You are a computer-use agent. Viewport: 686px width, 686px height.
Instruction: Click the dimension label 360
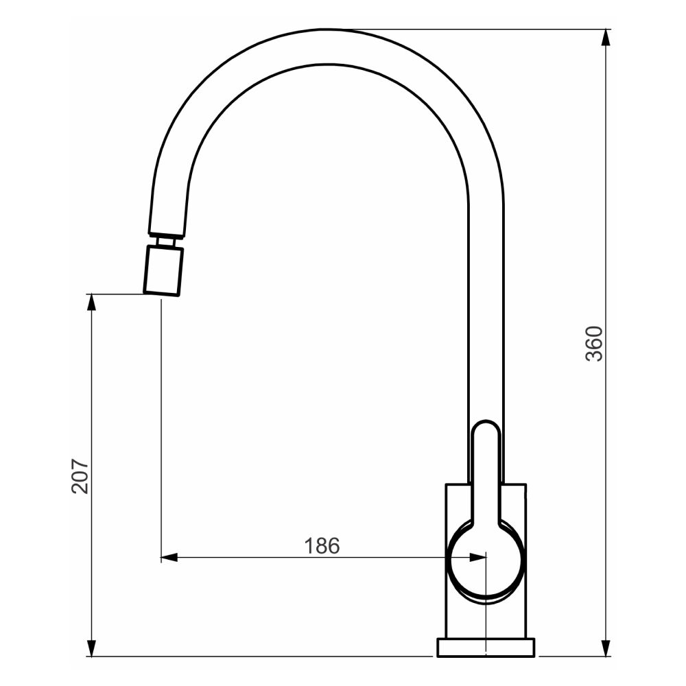pos(594,343)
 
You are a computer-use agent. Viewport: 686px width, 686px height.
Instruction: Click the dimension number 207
pos(80,475)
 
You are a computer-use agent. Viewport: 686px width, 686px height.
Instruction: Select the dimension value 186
pos(322,546)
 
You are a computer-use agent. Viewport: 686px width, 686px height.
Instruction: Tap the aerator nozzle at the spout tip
pos(163,271)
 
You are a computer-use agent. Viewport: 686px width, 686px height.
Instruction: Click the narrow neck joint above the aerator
pos(165,241)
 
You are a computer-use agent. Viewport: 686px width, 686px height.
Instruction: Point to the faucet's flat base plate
pos(486,647)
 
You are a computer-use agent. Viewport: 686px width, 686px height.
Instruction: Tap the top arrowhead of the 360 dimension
pos(606,38)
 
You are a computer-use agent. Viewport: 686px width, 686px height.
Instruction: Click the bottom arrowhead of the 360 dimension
pos(606,648)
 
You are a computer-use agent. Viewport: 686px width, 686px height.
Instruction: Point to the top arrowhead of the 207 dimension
pos(91,303)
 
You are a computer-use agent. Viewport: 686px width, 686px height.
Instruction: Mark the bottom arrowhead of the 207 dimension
pos(91,648)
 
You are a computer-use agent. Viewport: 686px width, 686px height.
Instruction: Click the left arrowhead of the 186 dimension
pos(169,557)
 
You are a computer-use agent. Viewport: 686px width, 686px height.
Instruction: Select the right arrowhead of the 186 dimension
pos(477,557)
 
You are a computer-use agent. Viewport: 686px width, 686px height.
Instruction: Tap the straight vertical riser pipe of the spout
pos(486,309)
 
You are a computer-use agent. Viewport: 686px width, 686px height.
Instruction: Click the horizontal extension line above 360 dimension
pos(480,29)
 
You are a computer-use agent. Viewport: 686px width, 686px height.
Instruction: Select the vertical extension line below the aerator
pos(161,425)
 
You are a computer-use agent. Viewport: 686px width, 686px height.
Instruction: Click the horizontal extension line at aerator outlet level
pos(117,294)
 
